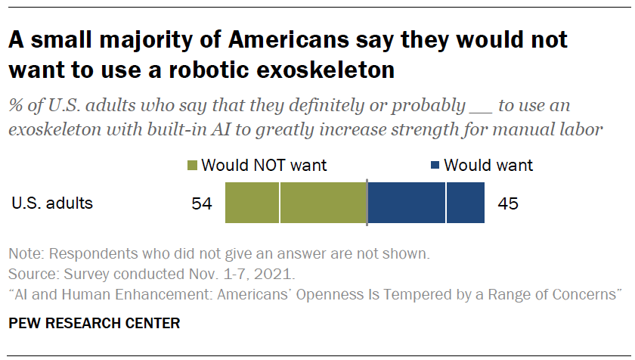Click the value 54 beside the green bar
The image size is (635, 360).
[x=203, y=203]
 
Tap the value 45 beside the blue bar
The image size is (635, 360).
[x=507, y=203]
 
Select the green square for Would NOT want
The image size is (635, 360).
[x=192, y=166]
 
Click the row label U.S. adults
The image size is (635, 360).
[x=51, y=203]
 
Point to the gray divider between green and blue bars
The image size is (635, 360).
[x=367, y=203]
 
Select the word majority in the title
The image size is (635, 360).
[x=133, y=39]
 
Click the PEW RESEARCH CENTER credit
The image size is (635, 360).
[x=94, y=324]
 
